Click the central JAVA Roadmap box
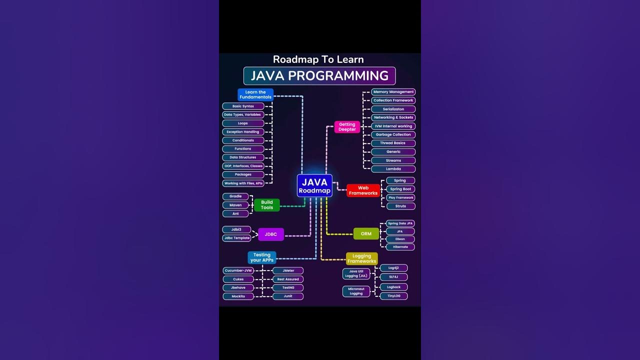[314, 185]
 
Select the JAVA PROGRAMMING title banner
[319, 76]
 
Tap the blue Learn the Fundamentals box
[255, 94]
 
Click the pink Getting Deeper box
[347, 127]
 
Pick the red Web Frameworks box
[363, 190]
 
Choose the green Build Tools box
[267, 205]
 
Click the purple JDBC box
[271, 234]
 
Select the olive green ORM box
[366, 233]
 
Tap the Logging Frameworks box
[361, 258]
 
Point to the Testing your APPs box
[261, 257]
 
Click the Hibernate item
[400, 247]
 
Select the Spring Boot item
[400, 189]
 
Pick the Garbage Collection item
[393, 134]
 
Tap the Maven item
[235, 205]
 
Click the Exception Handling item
[243, 132]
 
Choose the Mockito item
[238, 296]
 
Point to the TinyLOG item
[393, 296]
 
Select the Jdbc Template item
[236, 238]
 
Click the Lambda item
[393, 169]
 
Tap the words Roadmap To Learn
[318, 59]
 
